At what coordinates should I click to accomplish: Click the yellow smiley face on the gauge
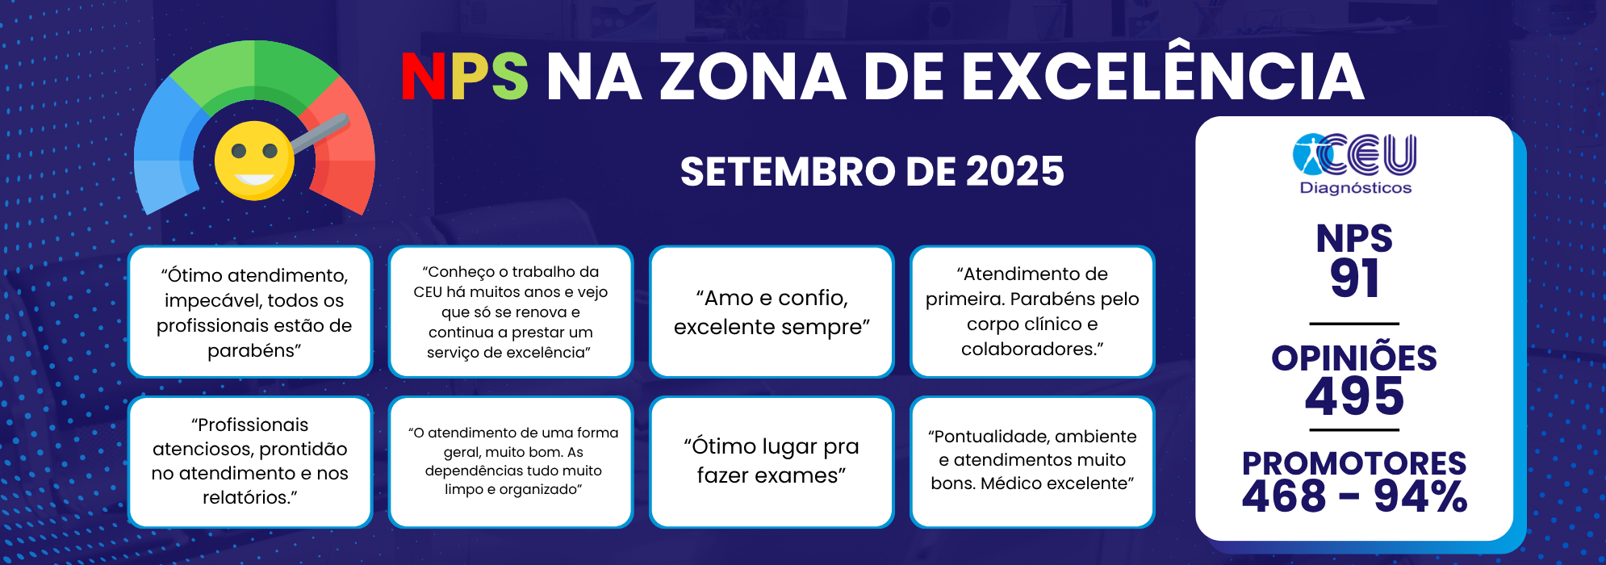pyautogui.click(x=254, y=161)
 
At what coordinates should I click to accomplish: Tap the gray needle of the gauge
pyautogui.click(x=320, y=133)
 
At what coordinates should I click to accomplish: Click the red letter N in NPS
pyautogui.click(x=424, y=77)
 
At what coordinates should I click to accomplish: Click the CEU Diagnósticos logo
pyautogui.click(x=1354, y=165)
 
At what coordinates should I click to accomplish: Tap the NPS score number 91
pyautogui.click(x=1354, y=278)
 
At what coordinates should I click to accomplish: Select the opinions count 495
pyautogui.click(x=1354, y=396)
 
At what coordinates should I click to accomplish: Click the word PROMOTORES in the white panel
pyautogui.click(x=1354, y=463)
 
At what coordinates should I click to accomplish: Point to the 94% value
pyautogui.click(x=1420, y=496)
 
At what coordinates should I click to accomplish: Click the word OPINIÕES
pyautogui.click(x=1354, y=358)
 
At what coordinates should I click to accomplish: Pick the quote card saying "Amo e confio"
pyautogui.click(x=772, y=312)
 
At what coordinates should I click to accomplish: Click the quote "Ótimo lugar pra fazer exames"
pyautogui.click(x=772, y=461)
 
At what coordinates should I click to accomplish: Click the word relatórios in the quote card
pyautogui.click(x=247, y=497)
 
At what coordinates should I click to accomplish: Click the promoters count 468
pyautogui.click(x=1284, y=496)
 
